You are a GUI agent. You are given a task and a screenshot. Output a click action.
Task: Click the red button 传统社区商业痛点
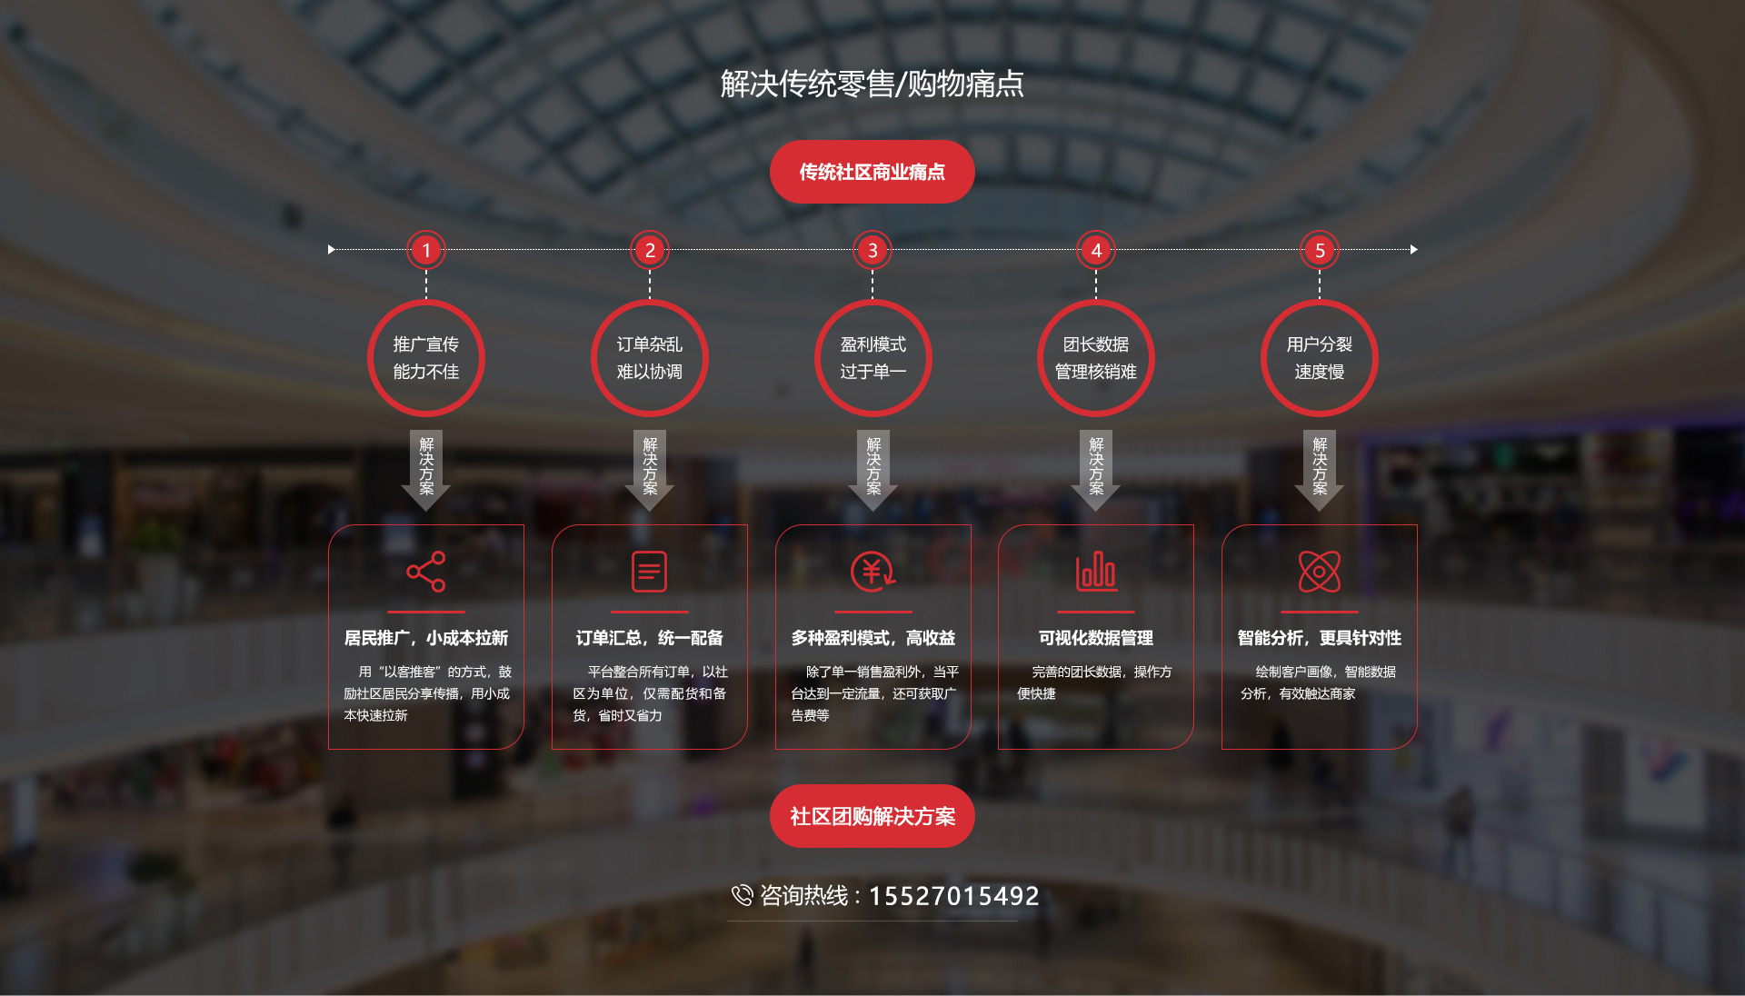(872, 172)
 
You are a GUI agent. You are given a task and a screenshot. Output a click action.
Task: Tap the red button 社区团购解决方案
(872, 816)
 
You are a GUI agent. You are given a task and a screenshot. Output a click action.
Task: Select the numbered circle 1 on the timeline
(426, 250)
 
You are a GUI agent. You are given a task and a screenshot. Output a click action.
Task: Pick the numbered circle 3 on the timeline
(872, 250)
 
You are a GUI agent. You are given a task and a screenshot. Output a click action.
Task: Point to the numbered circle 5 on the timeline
(1320, 250)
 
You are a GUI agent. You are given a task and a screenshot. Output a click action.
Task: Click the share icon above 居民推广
(426, 572)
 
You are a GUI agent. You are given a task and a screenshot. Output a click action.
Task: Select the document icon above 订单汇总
(650, 572)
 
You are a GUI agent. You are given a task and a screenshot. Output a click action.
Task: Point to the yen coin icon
(872, 572)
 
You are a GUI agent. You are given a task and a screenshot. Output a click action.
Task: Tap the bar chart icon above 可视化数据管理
(1096, 572)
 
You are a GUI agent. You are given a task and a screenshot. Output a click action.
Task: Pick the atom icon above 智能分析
(1320, 572)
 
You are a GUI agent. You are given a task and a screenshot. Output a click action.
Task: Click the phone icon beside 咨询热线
(742, 896)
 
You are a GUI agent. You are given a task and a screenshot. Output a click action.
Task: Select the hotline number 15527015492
(954, 896)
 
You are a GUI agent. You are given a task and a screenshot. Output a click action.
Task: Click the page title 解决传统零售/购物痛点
(872, 84)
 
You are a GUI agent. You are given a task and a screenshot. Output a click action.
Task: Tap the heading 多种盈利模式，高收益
(872, 638)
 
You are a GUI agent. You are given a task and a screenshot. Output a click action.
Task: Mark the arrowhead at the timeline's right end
(1414, 249)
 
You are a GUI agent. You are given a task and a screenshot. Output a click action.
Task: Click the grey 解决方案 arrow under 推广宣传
(426, 470)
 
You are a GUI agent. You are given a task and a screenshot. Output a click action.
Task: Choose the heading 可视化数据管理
(1096, 638)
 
